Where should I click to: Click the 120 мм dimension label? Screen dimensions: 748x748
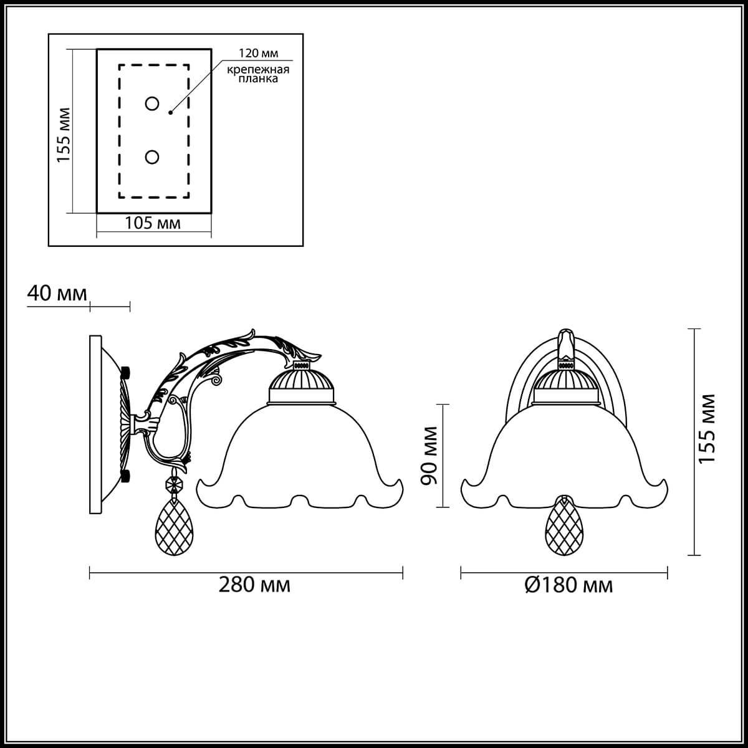coord(258,53)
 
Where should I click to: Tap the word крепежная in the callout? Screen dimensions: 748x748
coord(258,70)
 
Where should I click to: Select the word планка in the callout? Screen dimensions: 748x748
coord(258,79)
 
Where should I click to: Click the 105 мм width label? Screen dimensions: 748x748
coord(153,223)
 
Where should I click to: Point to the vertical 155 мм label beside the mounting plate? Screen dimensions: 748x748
coord(64,135)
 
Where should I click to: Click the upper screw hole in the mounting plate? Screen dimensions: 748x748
coord(151,103)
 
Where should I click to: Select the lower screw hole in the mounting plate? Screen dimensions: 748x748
coord(151,157)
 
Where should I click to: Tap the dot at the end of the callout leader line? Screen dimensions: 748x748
coord(170,113)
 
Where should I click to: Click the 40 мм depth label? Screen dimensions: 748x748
coord(57,293)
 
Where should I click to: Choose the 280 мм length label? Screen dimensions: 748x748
coord(254,585)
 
